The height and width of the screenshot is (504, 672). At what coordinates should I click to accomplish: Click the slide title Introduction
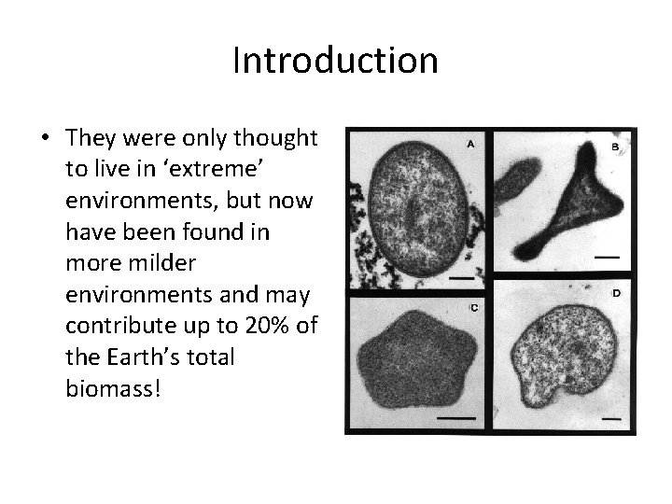(335, 61)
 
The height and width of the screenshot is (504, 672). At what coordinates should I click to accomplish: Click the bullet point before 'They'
(46, 139)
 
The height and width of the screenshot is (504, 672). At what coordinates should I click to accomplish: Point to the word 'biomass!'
(113, 387)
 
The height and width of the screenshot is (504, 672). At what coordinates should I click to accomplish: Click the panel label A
(471, 145)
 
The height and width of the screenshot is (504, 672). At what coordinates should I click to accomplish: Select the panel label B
(616, 147)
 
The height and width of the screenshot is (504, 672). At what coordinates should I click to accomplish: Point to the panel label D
(615, 294)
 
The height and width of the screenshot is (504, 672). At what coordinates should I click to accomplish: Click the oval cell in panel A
(418, 210)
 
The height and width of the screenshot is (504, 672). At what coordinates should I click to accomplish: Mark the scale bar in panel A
(461, 277)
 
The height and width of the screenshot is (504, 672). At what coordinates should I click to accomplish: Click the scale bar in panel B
(607, 254)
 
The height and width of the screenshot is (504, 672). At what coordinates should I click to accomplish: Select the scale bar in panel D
(611, 420)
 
